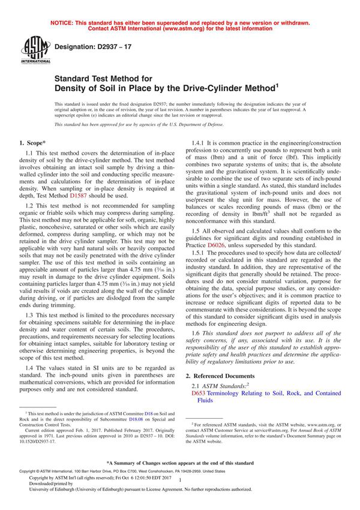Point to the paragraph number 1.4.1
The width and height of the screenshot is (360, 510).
[199, 143]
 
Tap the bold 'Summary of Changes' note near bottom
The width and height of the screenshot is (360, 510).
[180, 463]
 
